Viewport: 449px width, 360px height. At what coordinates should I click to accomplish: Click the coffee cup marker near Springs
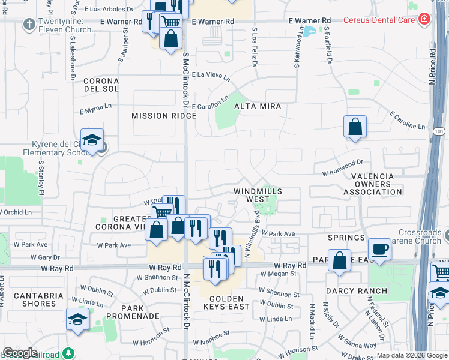click(379, 249)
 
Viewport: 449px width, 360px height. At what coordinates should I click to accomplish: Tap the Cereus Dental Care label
click(379, 20)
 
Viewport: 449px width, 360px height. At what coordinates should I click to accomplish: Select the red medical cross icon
click(424, 20)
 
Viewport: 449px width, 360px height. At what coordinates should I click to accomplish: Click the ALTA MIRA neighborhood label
click(258, 106)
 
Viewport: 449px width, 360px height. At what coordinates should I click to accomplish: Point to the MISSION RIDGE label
click(155, 115)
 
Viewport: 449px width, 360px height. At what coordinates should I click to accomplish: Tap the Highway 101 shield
click(442, 130)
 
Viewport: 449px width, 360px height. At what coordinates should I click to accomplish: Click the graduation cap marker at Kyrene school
click(92, 140)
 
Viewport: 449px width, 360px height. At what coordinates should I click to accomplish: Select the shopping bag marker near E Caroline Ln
click(355, 127)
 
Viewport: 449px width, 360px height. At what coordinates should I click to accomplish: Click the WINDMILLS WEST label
click(258, 194)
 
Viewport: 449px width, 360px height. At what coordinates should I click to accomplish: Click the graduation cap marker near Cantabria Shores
click(77, 319)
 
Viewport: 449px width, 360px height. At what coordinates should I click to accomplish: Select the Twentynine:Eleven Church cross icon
click(28, 25)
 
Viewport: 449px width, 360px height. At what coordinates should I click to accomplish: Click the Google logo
click(20, 353)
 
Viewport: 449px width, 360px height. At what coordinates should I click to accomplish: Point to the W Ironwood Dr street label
click(343, 166)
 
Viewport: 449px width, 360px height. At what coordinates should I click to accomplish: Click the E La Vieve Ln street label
click(210, 76)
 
